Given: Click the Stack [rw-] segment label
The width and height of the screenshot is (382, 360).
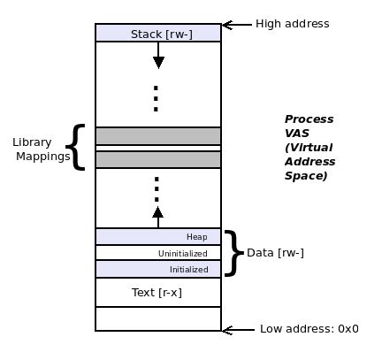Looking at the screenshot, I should pyautogui.click(x=158, y=34).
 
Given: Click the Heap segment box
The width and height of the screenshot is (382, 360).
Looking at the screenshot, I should pyautogui.click(x=158, y=236).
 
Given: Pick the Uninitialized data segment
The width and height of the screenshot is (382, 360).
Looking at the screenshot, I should pyautogui.click(x=158, y=253).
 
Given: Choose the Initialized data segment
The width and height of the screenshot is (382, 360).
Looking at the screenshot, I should pyautogui.click(x=158, y=269).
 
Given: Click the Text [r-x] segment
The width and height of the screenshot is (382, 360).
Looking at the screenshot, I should pyautogui.click(x=158, y=291).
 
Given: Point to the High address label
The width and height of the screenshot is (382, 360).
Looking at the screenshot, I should pyautogui.click(x=292, y=24).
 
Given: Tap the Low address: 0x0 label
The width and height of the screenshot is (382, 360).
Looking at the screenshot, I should pyautogui.click(x=309, y=329).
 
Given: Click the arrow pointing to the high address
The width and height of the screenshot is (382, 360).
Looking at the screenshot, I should pyautogui.click(x=235, y=25).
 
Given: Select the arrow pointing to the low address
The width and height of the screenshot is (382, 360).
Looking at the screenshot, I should pyautogui.click(x=237, y=330).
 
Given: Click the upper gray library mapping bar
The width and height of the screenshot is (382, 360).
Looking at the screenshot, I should pyautogui.click(x=158, y=136).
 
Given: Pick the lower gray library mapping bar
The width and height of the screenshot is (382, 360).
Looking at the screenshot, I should pyautogui.click(x=158, y=160).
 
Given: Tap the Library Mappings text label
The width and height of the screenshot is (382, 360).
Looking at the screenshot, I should pyautogui.click(x=41, y=149).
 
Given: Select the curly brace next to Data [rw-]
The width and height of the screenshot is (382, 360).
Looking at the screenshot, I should pyautogui.click(x=233, y=253).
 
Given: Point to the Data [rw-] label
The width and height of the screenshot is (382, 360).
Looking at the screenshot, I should pyautogui.click(x=275, y=253).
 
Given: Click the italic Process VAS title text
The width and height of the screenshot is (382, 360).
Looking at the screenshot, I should pyautogui.click(x=309, y=147).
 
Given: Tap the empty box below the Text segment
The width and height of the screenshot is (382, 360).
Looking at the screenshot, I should pyautogui.click(x=158, y=318).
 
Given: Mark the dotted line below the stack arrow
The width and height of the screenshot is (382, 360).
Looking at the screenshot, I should pyautogui.click(x=156, y=98).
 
